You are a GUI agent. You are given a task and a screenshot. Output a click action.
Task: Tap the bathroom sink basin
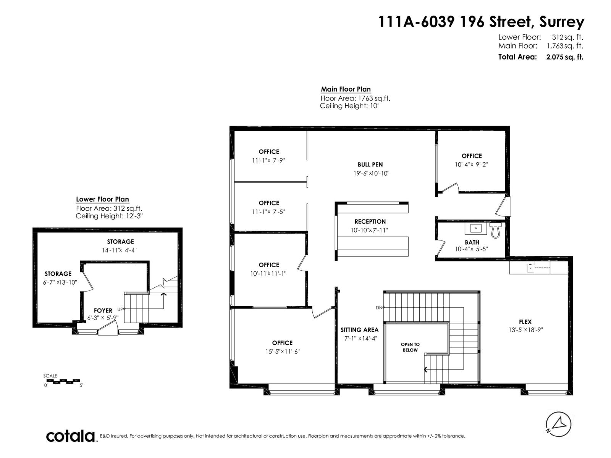click(x=476, y=229)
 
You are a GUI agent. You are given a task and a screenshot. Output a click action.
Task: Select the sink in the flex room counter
click(x=530, y=268)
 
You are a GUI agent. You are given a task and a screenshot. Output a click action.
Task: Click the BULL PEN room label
click(x=370, y=164)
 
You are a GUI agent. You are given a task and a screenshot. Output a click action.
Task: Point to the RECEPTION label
click(x=370, y=221)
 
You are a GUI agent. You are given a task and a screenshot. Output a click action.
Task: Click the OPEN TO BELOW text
click(x=410, y=347)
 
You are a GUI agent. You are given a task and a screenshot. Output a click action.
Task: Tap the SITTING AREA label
click(x=359, y=330)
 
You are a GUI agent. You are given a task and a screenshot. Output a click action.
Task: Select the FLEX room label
click(x=525, y=322)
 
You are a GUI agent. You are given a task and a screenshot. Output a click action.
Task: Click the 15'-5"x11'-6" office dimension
click(x=283, y=352)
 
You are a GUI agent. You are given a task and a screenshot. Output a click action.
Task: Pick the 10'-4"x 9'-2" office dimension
click(x=472, y=164)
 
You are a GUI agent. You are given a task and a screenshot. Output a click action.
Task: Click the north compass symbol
click(x=558, y=424)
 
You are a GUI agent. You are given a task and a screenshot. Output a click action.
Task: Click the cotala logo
click(x=71, y=436)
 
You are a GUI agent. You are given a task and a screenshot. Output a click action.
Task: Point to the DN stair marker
click(x=379, y=307)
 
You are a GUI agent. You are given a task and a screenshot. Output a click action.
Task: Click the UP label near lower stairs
click(x=120, y=309)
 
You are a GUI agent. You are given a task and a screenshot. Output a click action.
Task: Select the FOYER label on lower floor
click(x=103, y=311)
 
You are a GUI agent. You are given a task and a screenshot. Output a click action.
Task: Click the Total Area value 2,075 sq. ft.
click(x=564, y=57)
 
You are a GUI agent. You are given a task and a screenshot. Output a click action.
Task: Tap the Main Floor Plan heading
click(x=346, y=89)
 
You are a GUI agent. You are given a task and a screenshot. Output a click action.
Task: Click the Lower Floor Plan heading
click(x=102, y=199)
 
